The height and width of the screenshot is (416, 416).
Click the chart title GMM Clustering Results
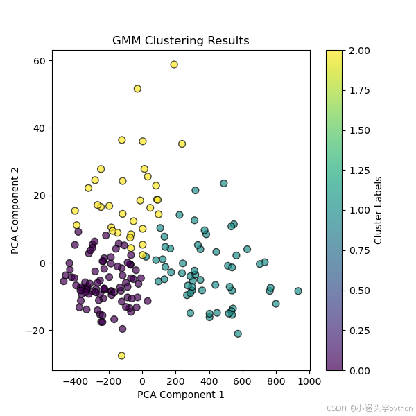pos(180,40)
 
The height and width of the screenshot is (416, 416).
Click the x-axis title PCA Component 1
pos(180,395)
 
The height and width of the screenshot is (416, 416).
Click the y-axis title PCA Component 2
pos(15,210)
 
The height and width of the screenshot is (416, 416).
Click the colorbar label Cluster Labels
pos(378,210)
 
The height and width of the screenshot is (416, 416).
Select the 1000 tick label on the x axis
pos(309,381)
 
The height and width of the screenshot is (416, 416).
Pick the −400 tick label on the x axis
pos(76,381)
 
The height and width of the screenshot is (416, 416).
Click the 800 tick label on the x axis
pos(276,381)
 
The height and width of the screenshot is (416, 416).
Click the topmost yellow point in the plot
pos(174,64)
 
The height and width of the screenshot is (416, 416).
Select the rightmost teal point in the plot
pos(298,291)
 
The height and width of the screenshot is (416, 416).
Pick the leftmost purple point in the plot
pos(64,281)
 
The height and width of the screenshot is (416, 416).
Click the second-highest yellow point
pos(137,89)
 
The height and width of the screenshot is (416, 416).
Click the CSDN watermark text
pos(371,408)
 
